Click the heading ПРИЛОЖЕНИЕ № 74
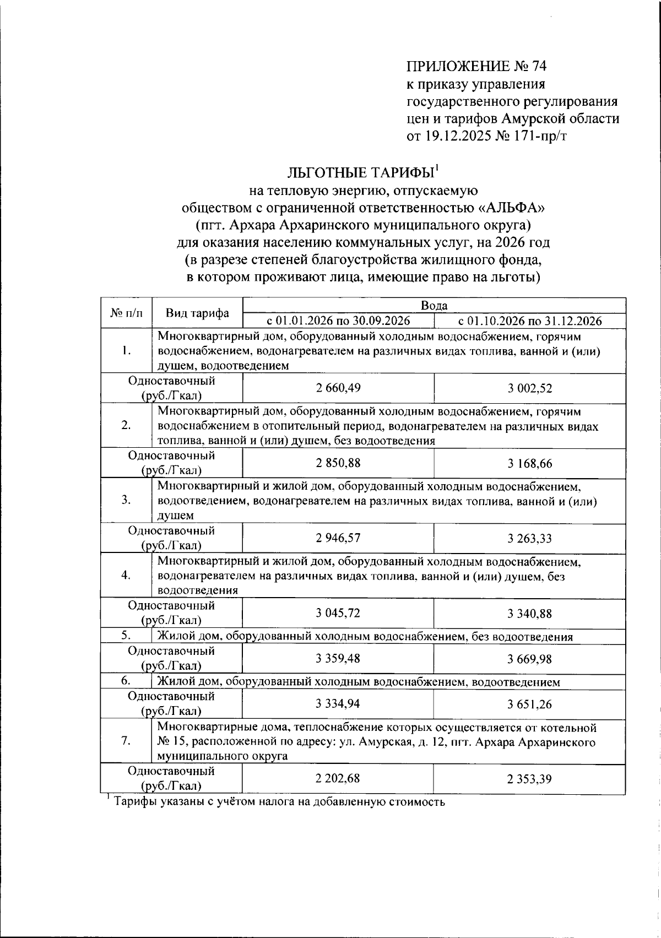pyautogui.click(x=476, y=67)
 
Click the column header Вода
pyautogui.click(x=434, y=306)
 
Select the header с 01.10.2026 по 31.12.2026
pyautogui.click(x=529, y=321)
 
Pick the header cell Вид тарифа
pyautogui.click(x=197, y=313)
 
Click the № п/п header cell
pyautogui.click(x=126, y=313)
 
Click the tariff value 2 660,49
pyautogui.click(x=338, y=388)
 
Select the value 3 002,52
pyautogui.click(x=529, y=389)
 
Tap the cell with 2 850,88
pyautogui.click(x=338, y=463)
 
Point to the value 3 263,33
pyautogui.click(x=529, y=539)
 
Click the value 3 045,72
pyautogui.click(x=338, y=613)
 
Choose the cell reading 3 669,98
pyautogui.click(x=529, y=659)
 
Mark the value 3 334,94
pyautogui.click(x=338, y=704)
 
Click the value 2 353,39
pyautogui.click(x=529, y=779)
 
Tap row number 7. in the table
pyautogui.click(x=126, y=741)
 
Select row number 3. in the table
pyautogui.click(x=126, y=500)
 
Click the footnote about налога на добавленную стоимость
pyautogui.click(x=279, y=801)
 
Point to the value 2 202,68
pyautogui.click(x=338, y=779)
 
